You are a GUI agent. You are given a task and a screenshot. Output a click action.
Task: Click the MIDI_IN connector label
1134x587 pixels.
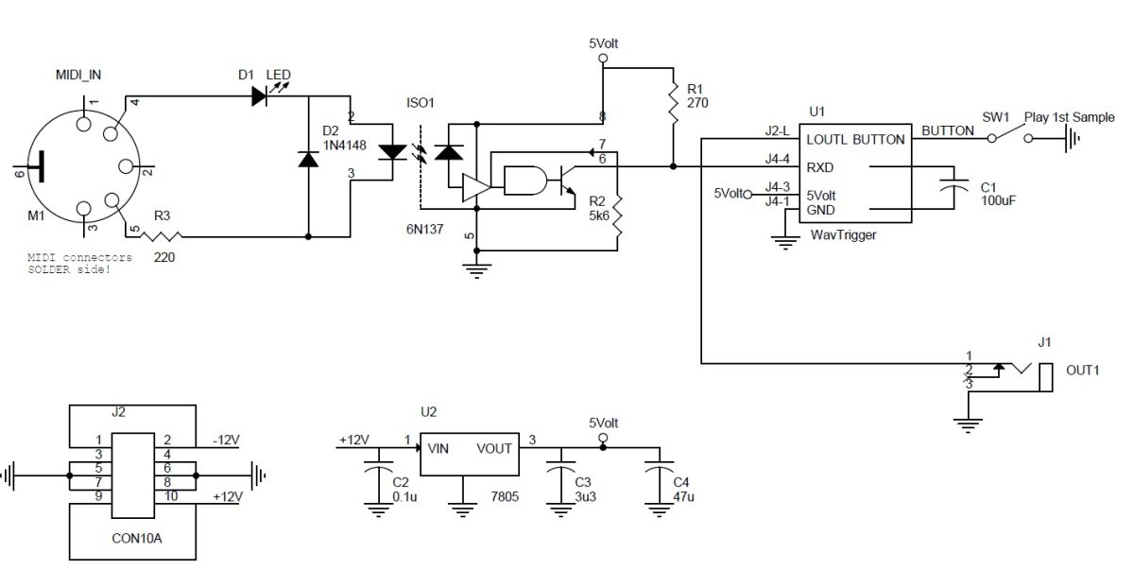tap(78, 75)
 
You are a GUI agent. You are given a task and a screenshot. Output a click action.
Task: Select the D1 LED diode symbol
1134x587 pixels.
tap(259, 95)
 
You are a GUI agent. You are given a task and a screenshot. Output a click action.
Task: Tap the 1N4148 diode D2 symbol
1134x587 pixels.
tap(308, 159)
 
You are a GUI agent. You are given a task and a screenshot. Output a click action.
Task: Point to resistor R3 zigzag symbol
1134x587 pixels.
tap(162, 236)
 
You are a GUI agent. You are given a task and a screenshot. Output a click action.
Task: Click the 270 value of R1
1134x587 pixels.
tap(697, 103)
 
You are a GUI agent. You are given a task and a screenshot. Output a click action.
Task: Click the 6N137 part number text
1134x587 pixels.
tap(424, 230)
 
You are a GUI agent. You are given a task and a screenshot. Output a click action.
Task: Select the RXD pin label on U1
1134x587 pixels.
tap(819, 167)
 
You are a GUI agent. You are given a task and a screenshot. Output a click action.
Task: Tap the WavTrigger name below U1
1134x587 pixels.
tap(843, 235)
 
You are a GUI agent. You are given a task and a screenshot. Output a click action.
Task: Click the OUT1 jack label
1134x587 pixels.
tap(1082, 371)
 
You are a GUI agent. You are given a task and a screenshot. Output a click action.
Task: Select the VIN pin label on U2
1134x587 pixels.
tap(438, 449)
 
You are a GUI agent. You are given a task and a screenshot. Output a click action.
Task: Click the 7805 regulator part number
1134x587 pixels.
tap(505, 497)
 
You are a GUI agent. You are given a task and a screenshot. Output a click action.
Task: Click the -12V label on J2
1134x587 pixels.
tap(226, 440)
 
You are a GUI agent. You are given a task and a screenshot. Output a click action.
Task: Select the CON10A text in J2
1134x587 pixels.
tap(137, 539)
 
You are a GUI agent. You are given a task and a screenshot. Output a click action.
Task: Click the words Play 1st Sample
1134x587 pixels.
tap(1069, 117)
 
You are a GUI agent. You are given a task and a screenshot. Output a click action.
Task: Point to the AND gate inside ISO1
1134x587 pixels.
tap(525, 181)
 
